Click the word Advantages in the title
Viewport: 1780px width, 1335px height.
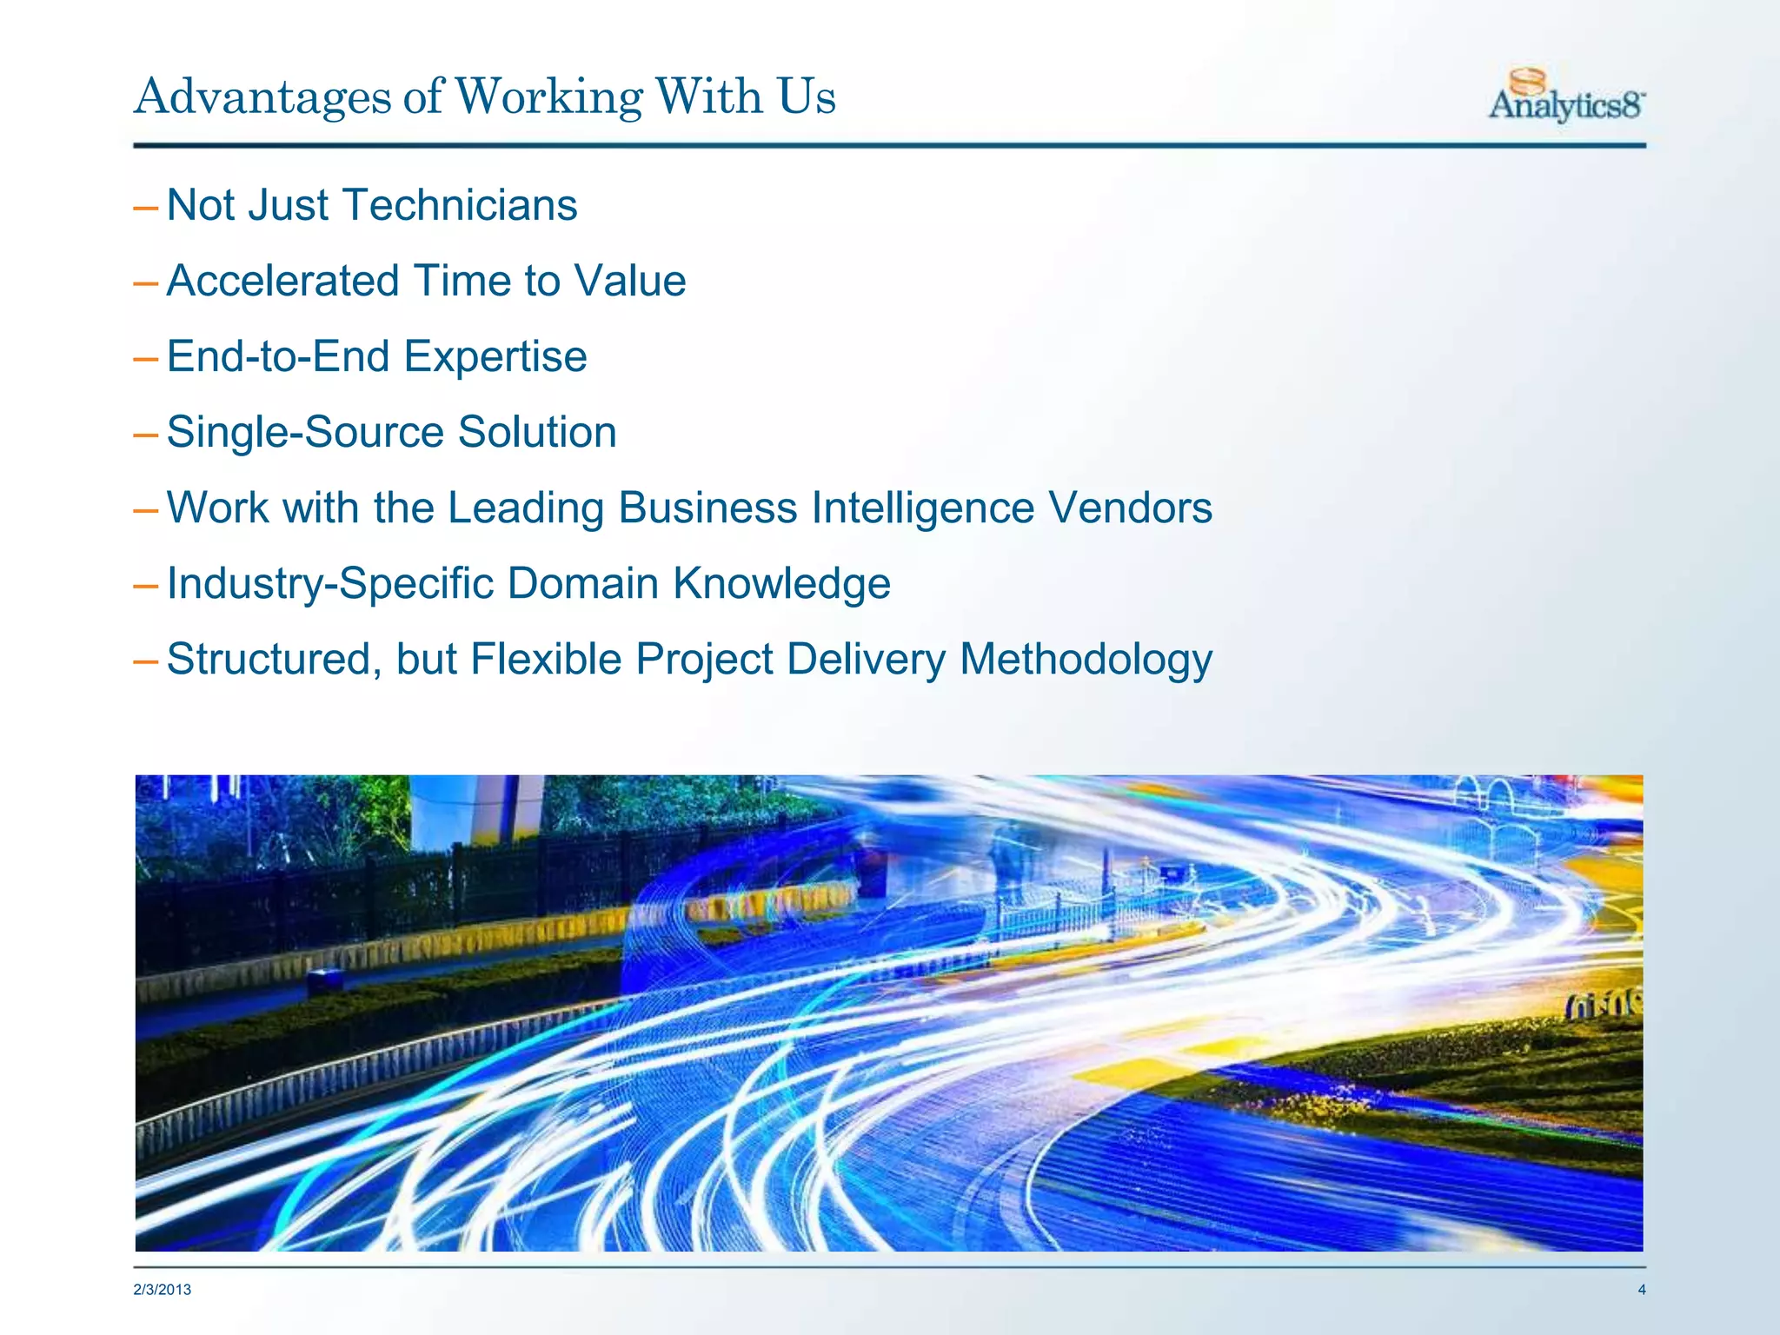pyautogui.click(x=262, y=96)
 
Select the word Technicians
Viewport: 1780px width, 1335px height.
pyautogui.click(x=461, y=206)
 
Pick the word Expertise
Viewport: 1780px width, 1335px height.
pyautogui.click(x=495, y=357)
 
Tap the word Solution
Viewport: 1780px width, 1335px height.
pyautogui.click(x=537, y=433)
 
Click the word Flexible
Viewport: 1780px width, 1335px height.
pyautogui.click(x=546, y=660)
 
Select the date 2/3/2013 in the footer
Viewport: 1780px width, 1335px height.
pyautogui.click(x=162, y=1290)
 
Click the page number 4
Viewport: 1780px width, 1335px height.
pyautogui.click(x=1641, y=1290)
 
